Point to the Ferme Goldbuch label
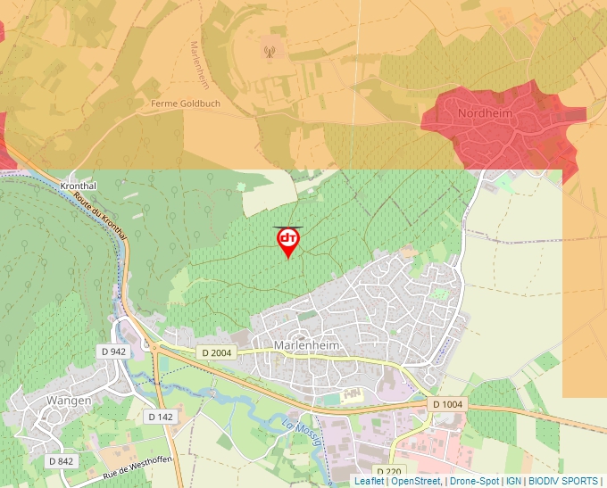[x=186, y=103]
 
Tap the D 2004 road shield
[x=216, y=352]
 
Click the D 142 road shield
[x=161, y=417]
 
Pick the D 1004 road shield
[x=447, y=404]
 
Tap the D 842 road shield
[x=60, y=461]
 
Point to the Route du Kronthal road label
[x=101, y=215]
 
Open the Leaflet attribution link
[x=369, y=481]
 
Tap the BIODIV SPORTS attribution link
[x=562, y=481]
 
